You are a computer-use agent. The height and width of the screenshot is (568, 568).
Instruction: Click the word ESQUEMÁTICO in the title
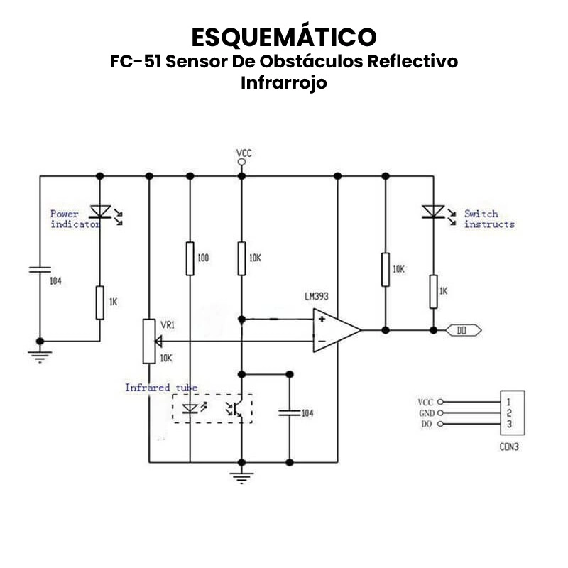pos(284,37)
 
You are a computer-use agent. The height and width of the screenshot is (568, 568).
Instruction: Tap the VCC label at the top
pos(244,153)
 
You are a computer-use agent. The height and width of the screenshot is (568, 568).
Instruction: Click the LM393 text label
pos(317,297)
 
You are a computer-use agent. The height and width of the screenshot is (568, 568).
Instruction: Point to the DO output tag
pos(464,330)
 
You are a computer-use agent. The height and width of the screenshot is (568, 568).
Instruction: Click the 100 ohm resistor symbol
pos(190,258)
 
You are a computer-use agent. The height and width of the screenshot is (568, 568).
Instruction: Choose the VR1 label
pos(168,324)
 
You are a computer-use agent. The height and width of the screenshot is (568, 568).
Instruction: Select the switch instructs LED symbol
pos(432,211)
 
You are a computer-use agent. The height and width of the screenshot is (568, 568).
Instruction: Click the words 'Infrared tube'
pos(161,388)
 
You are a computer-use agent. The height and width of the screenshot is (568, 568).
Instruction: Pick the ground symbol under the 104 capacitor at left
pos(40,355)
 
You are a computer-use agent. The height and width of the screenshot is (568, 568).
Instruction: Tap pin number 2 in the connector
pos(509,413)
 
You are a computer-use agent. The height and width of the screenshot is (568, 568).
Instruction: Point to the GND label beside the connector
pos(426,413)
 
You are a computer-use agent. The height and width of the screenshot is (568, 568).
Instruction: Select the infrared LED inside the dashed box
pos(190,409)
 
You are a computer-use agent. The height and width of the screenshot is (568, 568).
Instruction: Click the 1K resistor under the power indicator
pos(100,302)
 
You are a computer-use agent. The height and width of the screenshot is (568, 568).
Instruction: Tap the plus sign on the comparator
pos(322,319)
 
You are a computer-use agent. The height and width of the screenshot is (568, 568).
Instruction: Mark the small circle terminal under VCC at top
pos(242,163)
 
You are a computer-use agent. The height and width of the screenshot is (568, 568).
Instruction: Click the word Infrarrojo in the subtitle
pos(284,82)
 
